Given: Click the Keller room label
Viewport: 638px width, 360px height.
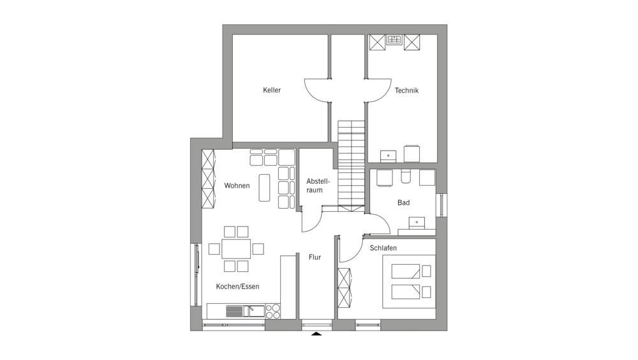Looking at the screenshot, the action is [272, 90].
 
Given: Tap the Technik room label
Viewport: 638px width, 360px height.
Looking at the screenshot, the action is [406, 91].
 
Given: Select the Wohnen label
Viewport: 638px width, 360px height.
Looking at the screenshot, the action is [237, 186].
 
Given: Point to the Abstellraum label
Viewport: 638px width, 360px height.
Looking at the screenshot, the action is [318, 186].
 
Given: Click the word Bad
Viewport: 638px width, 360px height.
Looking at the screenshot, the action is [404, 203].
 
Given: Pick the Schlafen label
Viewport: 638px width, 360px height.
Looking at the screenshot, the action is [383, 248].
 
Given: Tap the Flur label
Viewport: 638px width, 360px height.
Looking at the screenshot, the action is [315, 257].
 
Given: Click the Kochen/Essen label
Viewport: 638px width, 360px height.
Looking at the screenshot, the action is [237, 287].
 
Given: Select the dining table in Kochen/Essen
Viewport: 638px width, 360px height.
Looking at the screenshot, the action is [236, 249].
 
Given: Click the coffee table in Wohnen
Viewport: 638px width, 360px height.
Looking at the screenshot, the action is [265, 188].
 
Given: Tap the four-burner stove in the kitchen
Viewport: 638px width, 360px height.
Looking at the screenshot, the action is [273, 311].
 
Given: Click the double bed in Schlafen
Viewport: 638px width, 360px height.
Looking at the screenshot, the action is [409, 281].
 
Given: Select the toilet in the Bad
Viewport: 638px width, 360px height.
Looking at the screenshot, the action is [406, 176].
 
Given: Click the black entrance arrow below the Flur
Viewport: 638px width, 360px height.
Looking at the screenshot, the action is [316, 334].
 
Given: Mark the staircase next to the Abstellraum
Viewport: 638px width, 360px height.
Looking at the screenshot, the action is [351, 165].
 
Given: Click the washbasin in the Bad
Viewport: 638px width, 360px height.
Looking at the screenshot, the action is [417, 222].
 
